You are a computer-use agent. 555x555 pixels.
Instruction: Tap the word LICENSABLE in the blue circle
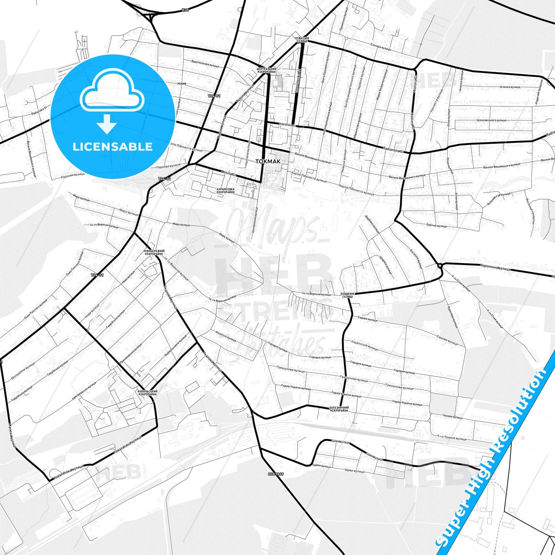pyautogui.click(x=113, y=147)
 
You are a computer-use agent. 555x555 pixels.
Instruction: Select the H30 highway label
pyautogui.click(x=186, y=10)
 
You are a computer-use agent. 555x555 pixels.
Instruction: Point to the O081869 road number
pyautogui.click(x=276, y=474)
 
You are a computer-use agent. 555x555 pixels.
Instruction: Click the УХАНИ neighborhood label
pyautogui.click(x=182, y=83)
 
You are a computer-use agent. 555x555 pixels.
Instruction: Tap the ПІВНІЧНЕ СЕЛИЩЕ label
pyautogui.click(x=302, y=40)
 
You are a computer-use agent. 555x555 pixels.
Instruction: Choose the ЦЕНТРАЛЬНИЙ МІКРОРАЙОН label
pyautogui.click(x=266, y=71)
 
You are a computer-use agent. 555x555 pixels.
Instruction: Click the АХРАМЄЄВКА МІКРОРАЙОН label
pyautogui.click(x=225, y=191)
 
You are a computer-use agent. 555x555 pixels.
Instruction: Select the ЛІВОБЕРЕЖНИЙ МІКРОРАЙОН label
pyautogui.click(x=154, y=252)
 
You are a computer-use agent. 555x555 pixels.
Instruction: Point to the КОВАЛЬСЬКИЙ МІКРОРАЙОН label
pyautogui.click(x=147, y=393)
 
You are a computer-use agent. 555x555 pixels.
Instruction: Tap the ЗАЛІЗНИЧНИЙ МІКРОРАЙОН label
pyautogui.click(x=339, y=409)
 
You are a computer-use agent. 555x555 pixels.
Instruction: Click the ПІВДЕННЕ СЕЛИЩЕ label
pyautogui.click(x=347, y=295)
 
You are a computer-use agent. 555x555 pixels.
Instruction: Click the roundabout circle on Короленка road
pyautogui.click(x=440, y=265)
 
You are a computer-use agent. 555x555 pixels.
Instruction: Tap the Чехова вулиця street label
pyautogui.click(x=452, y=417)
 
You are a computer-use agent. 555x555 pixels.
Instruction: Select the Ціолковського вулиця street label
pyautogui.click(x=491, y=120)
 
